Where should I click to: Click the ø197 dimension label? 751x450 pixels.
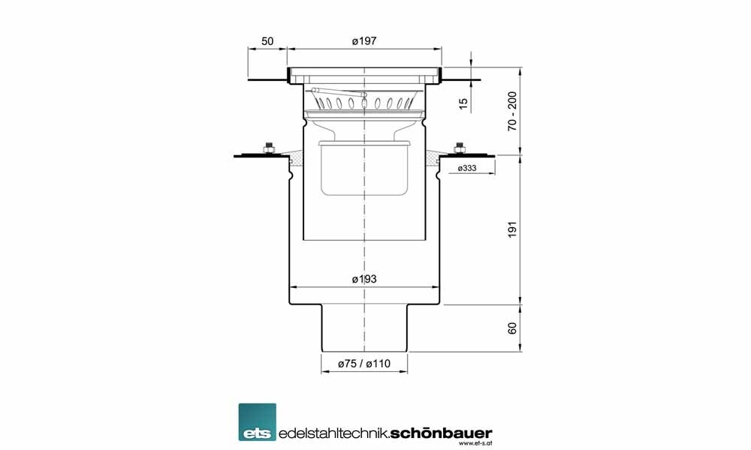coord(364,41)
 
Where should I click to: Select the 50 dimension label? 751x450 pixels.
coord(267,41)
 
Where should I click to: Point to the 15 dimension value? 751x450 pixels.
coord(463,103)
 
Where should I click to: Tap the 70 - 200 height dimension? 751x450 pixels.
coord(512,112)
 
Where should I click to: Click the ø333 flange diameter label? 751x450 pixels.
coord(467,168)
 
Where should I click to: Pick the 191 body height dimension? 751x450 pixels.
coord(512,229)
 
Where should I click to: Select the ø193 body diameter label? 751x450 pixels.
coord(364,279)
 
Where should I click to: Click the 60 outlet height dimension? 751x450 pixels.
coord(512,328)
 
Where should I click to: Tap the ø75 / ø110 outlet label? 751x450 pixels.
coord(364,364)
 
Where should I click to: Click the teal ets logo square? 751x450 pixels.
coord(257,421)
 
